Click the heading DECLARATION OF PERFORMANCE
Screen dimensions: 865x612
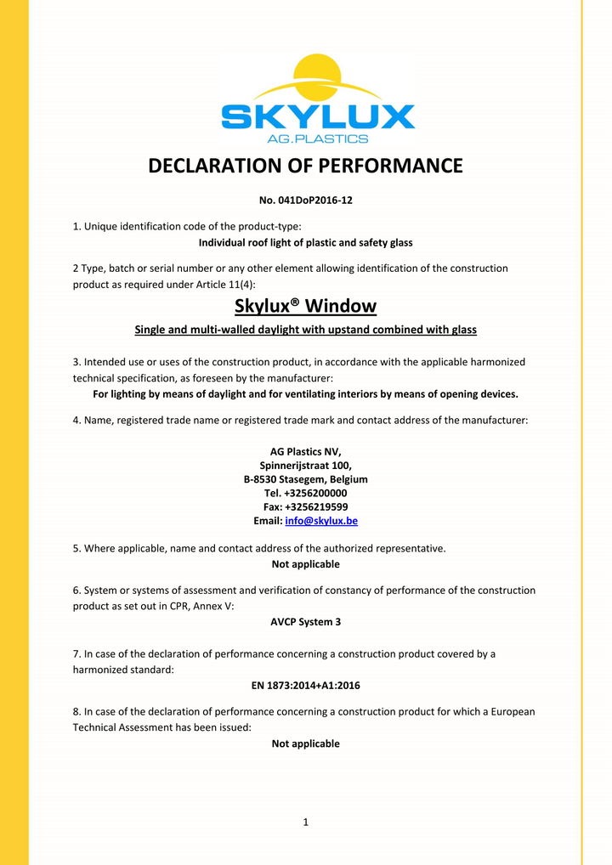tap(306, 166)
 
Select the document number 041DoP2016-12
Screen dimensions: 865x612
tap(314, 201)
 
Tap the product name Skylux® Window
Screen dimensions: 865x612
tap(305, 306)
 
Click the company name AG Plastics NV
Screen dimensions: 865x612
tap(305, 451)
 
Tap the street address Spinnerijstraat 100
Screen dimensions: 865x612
tap(305, 466)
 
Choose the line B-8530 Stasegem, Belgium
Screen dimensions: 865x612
tap(305, 479)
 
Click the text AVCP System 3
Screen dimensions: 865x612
tap(305, 622)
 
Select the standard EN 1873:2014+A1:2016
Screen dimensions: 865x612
tap(305, 685)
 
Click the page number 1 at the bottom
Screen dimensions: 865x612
tap(305, 822)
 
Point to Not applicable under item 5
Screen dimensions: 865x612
tap(305, 564)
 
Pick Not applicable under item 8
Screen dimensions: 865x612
tap(305, 743)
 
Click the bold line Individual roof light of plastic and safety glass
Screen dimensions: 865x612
tap(305, 243)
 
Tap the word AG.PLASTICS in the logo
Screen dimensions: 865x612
tap(318, 139)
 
